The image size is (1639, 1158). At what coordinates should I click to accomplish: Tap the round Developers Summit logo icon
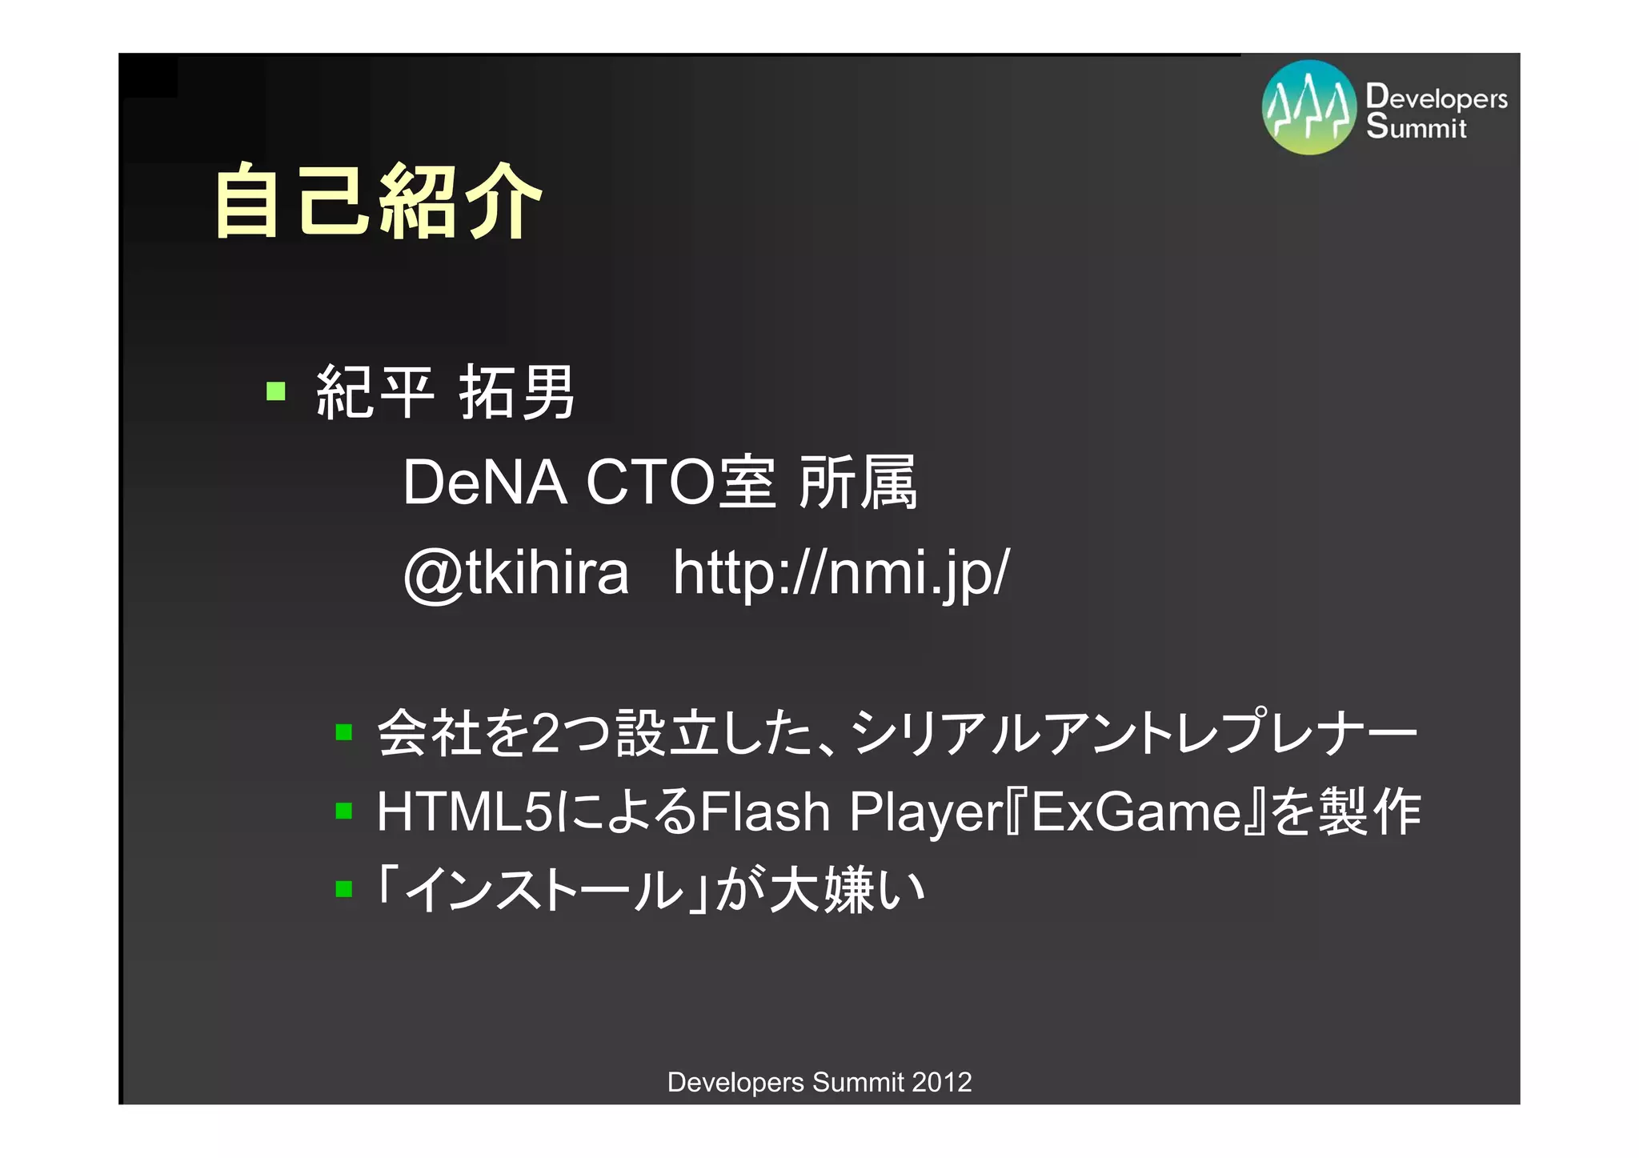click(1308, 107)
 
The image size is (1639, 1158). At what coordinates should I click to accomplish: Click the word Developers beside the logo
click(1437, 97)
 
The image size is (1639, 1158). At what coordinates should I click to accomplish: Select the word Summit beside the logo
click(1416, 126)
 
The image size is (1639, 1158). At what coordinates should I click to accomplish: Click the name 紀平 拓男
click(445, 392)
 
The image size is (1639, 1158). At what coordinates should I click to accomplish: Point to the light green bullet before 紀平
click(276, 391)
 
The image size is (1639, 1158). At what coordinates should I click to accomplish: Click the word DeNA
click(484, 483)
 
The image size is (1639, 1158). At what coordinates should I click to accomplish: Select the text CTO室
click(680, 483)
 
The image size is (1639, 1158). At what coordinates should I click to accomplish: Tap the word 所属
click(858, 483)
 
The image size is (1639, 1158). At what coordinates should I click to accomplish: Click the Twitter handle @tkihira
click(516, 573)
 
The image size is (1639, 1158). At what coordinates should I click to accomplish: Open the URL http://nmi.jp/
click(841, 573)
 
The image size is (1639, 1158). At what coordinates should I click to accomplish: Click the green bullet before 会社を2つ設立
click(344, 732)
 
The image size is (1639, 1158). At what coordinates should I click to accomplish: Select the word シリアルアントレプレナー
click(1132, 732)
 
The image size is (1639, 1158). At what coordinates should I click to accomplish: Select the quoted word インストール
click(544, 889)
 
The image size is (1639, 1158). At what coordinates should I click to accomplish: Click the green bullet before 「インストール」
click(344, 889)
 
